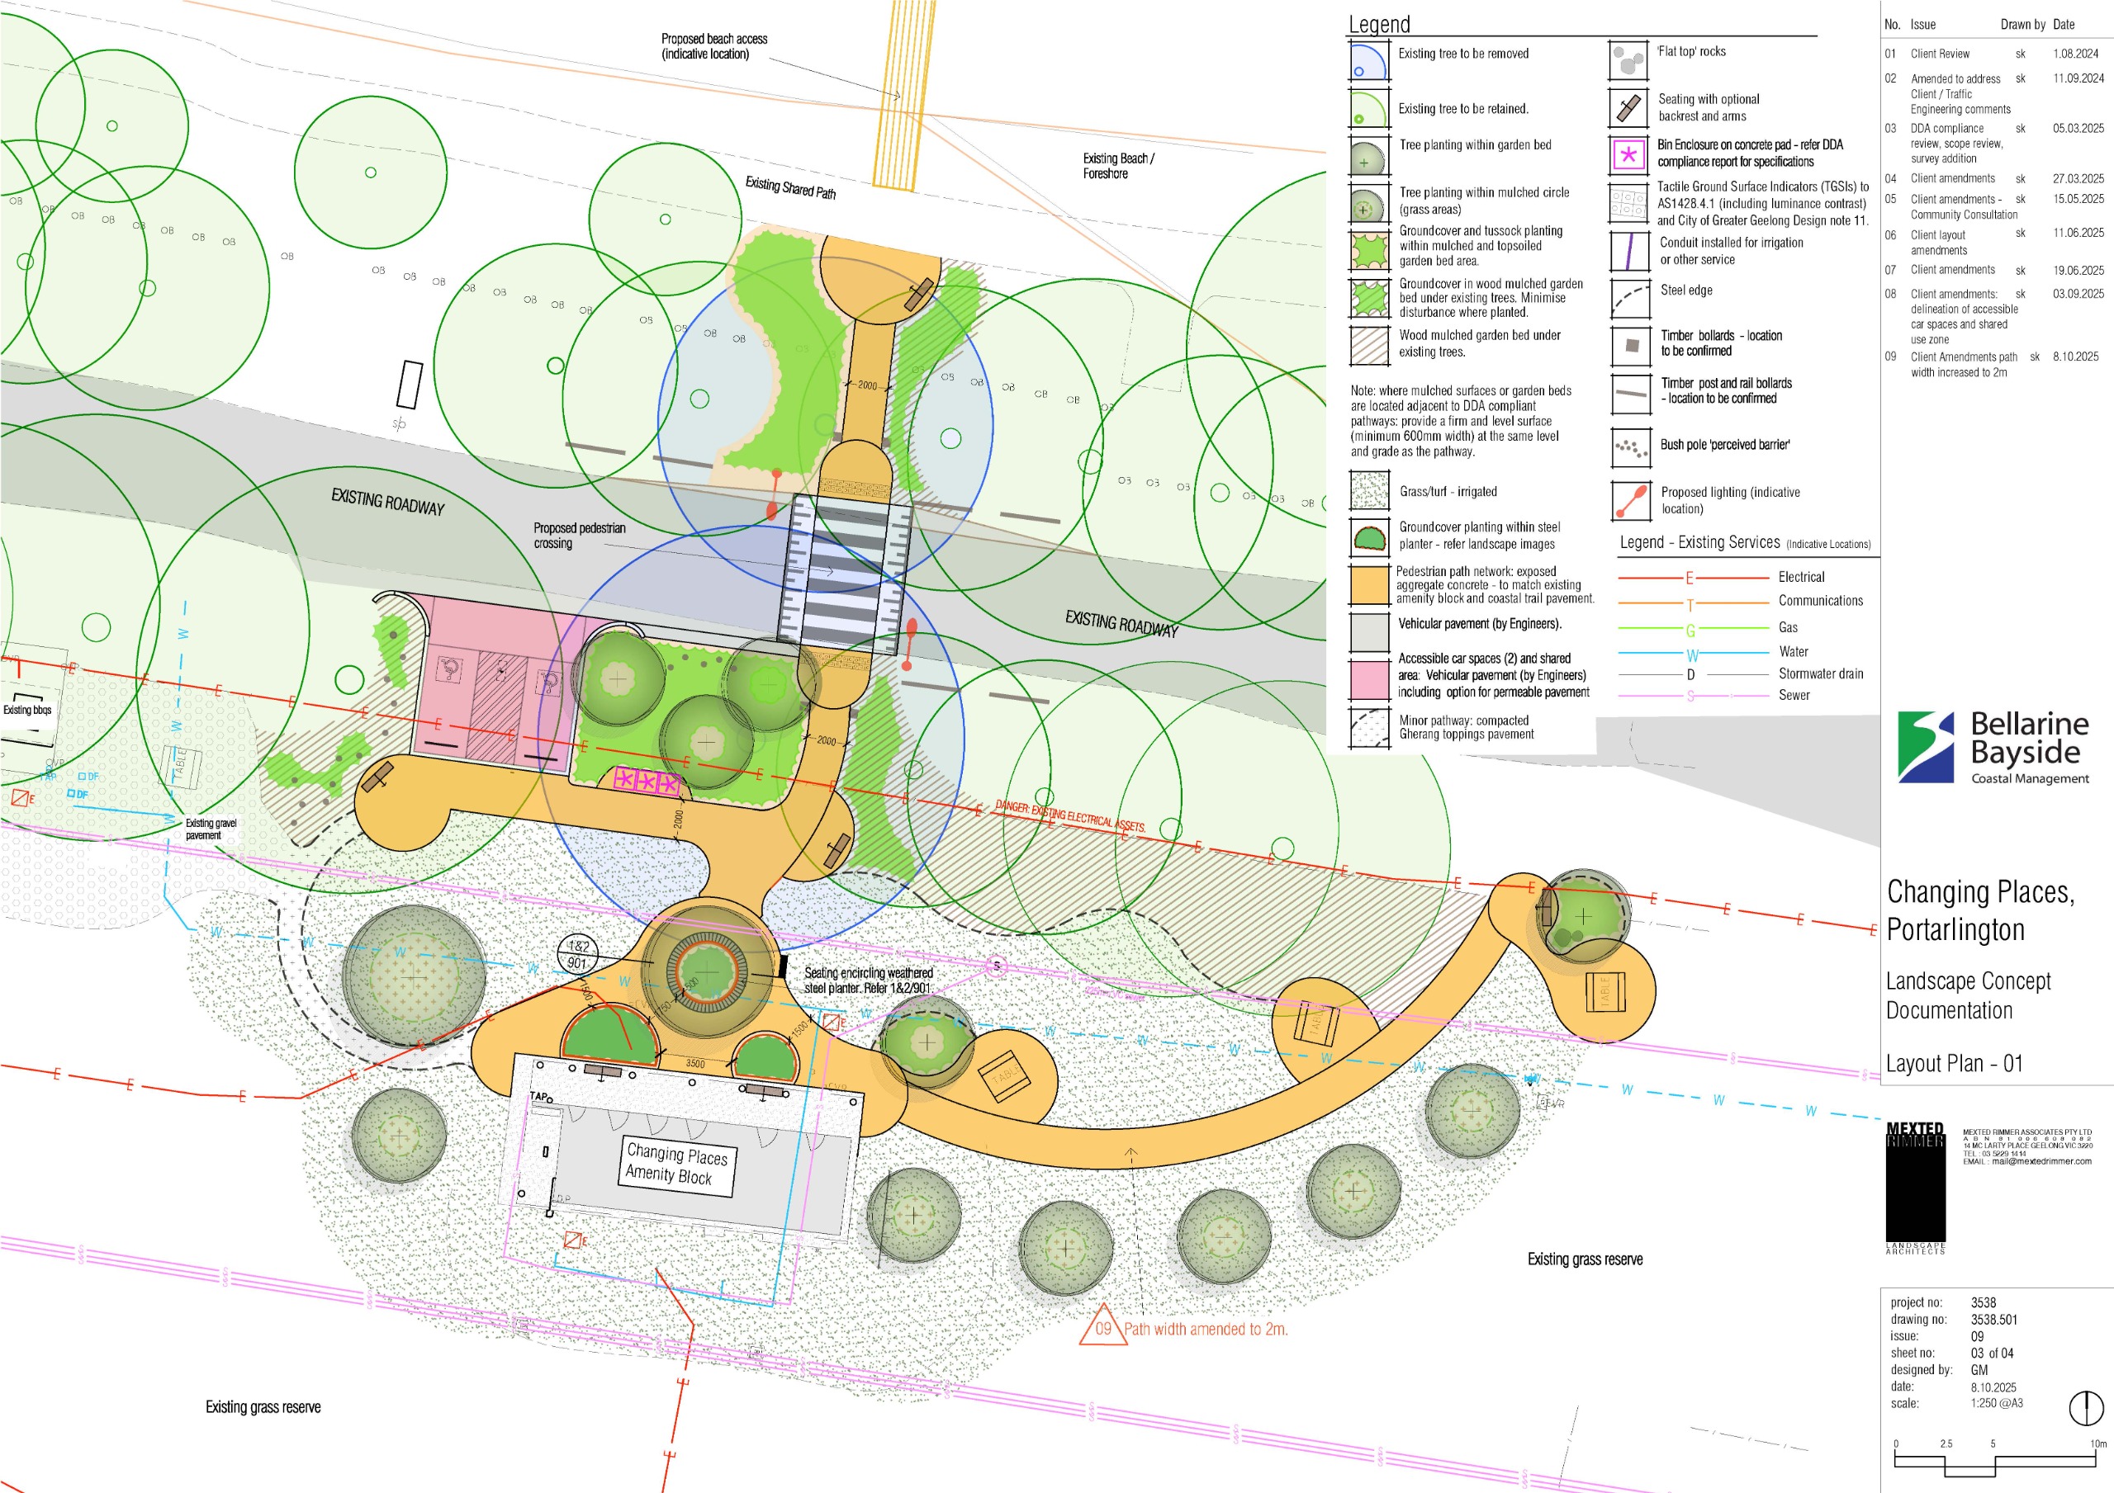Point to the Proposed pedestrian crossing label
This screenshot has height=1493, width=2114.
[578, 536]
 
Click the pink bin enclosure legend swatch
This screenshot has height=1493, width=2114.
[1628, 154]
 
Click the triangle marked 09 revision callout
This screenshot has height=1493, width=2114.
[1102, 1328]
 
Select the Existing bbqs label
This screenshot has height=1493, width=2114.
[26, 710]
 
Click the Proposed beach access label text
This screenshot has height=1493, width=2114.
[713, 46]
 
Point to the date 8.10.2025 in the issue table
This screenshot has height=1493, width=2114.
[2075, 357]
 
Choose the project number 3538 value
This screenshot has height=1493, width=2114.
[1984, 1302]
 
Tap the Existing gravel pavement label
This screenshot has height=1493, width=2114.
[211, 829]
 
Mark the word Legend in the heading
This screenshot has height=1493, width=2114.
[1378, 25]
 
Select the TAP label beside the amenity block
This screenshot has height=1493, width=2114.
[538, 1096]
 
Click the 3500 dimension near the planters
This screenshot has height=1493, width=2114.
[695, 1064]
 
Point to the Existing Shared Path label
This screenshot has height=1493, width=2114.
[790, 188]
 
